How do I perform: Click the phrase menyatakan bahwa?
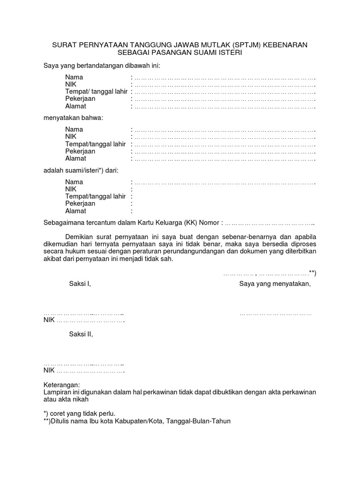point(73,118)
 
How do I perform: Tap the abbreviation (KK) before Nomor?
point(193,222)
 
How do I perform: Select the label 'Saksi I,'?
point(79,284)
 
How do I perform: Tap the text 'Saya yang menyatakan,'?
point(275,284)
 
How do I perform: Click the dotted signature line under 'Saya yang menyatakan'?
point(275,313)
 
